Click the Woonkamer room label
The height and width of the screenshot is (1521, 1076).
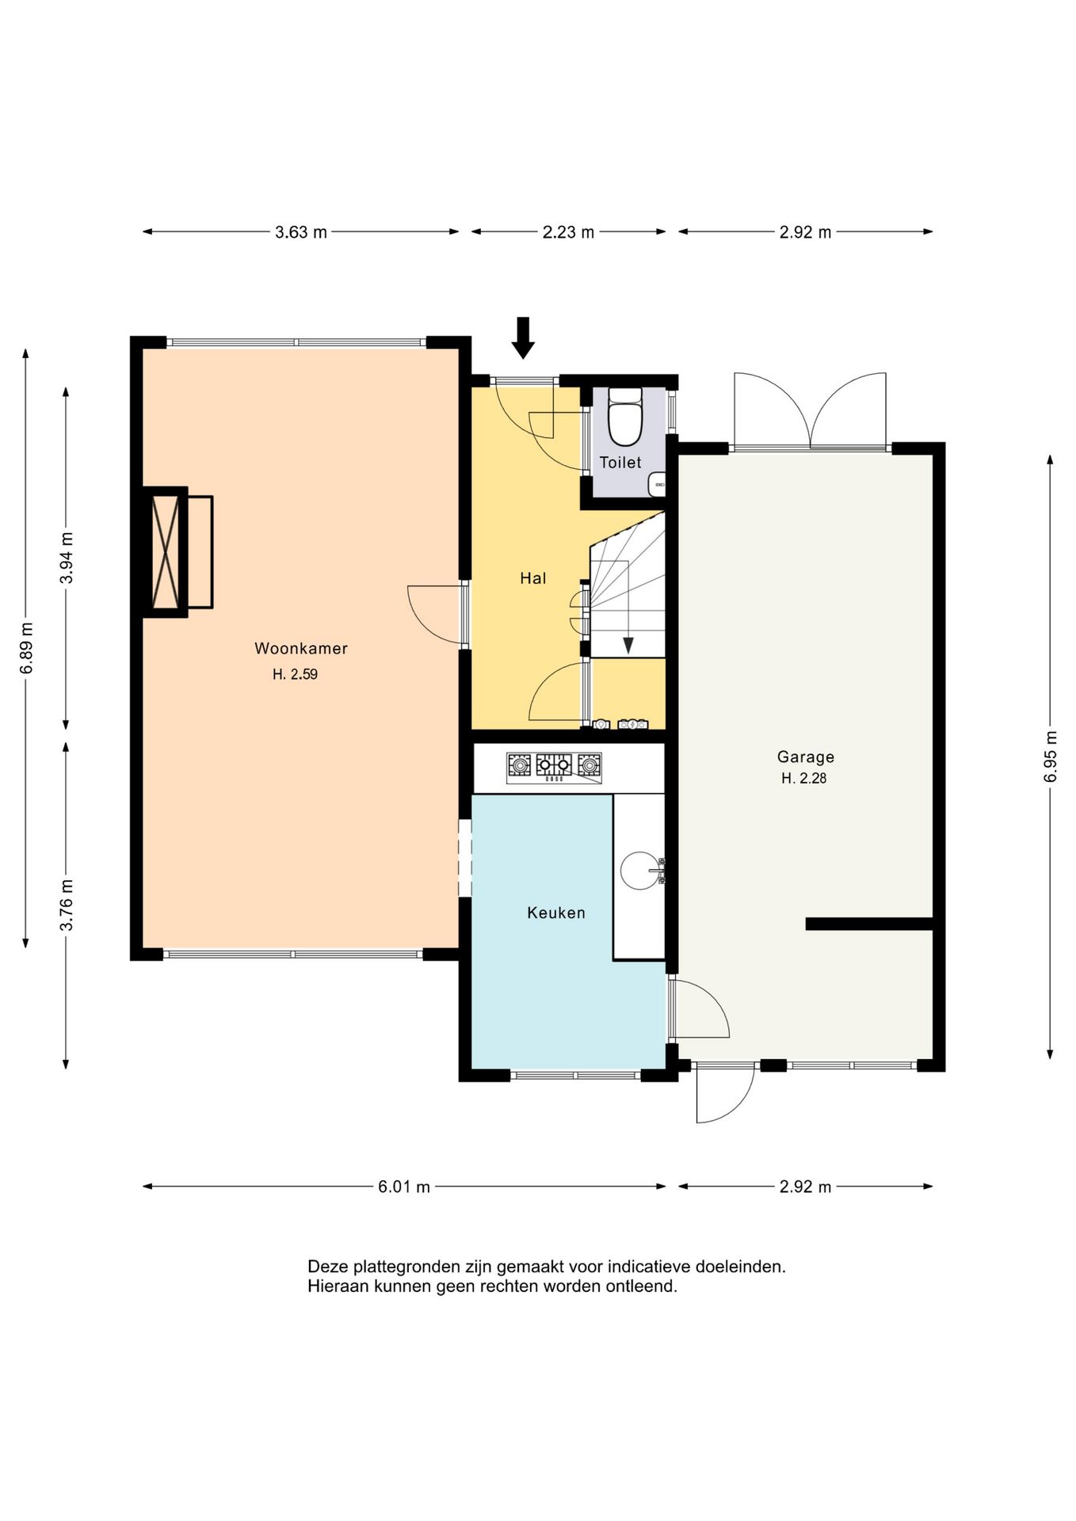click(x=301, y=648)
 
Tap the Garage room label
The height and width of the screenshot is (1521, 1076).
click(x=805, y=757)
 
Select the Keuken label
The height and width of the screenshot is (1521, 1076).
click(x=556, y=913)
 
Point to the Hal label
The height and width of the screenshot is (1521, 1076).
click(x=533, y=578)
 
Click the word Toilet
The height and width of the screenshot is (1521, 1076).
click(x=620, y=463)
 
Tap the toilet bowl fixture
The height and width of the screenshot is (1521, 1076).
click(x=625, y=416)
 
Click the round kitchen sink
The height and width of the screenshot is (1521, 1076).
click(x=639, y=871)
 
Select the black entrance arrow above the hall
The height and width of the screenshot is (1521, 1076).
click(x=523, y=337)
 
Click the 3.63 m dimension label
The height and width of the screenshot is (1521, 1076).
click(x=301, y=232)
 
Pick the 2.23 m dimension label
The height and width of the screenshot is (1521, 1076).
click(x=568, y=232)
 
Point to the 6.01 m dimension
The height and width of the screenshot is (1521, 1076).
click(x=404, y=1187)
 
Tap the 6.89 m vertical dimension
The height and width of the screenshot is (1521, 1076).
click(x=27, y=648)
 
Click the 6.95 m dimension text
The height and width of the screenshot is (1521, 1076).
click(x=1051, y=757)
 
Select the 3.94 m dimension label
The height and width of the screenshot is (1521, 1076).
click(x=67, y=558)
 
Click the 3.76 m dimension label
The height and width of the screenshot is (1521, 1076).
click(x=67, y=905)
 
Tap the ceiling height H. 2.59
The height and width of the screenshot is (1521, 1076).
click(x=295, y=675)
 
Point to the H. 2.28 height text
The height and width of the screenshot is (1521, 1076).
click(x=803, y=779)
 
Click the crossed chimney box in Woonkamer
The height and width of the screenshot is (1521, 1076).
click(x=166, y=551)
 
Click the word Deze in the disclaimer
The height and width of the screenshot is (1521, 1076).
click(x=327, y=1267)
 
